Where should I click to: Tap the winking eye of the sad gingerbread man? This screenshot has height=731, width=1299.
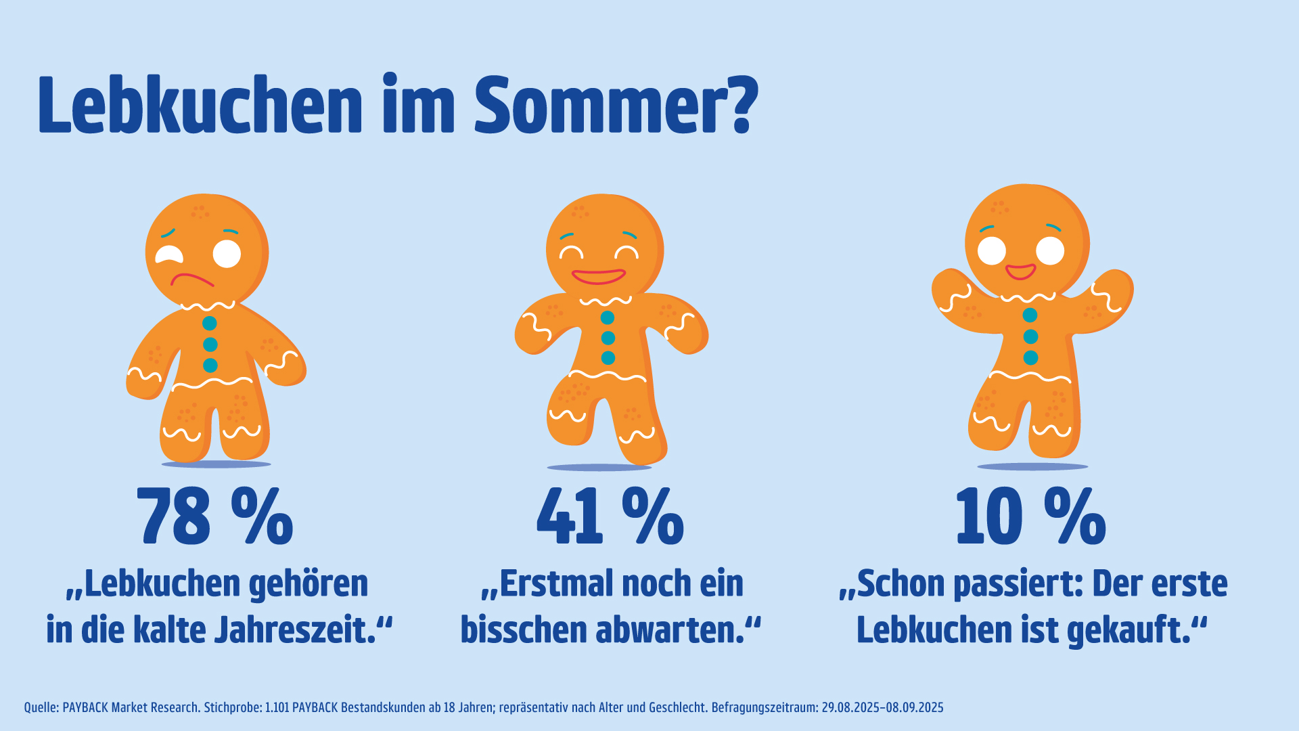(169, 254)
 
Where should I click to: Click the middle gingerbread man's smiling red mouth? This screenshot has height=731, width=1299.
(598, 277)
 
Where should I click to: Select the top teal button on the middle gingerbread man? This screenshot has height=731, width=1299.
(608, 317)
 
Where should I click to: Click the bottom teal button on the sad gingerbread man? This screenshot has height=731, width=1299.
(210, 365)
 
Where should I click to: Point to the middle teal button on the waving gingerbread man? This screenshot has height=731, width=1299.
(1030, 336)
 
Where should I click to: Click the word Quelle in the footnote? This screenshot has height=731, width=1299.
(41, 708)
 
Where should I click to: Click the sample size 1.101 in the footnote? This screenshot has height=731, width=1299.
(276, 708)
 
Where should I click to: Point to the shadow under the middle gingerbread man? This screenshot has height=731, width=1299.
(599, 467)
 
